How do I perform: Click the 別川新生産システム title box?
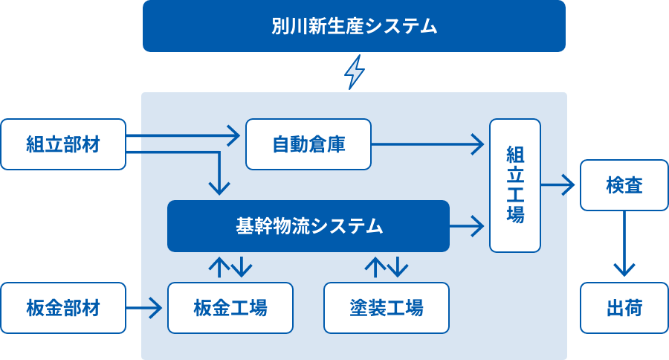click(354, 26)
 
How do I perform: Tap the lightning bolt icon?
click(354, 71)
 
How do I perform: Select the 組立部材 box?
click(63, 144)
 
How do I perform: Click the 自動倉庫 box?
click(308, 144)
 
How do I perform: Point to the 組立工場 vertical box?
click(515, 185)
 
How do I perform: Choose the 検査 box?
click(624, 185)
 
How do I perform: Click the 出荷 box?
click(624, 308)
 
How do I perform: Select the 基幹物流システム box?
click(308, 226)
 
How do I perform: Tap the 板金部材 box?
click(63, 308)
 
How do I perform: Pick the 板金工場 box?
click(230, 308)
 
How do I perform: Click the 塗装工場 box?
click(387, 308)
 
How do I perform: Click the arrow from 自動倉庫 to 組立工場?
click(428, 144)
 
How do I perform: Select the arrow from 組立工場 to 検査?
click(558, 185)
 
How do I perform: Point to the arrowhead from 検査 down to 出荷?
click(624, 270)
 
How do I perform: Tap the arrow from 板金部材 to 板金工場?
click(144, 308)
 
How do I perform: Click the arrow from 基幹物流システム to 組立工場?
click(468, 226)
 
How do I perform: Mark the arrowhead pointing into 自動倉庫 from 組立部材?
click(234, 136)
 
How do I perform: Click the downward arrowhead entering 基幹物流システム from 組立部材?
click(219, 189)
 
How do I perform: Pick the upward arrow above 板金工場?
click(219, 267)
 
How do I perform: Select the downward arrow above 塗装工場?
click(398, 267)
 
